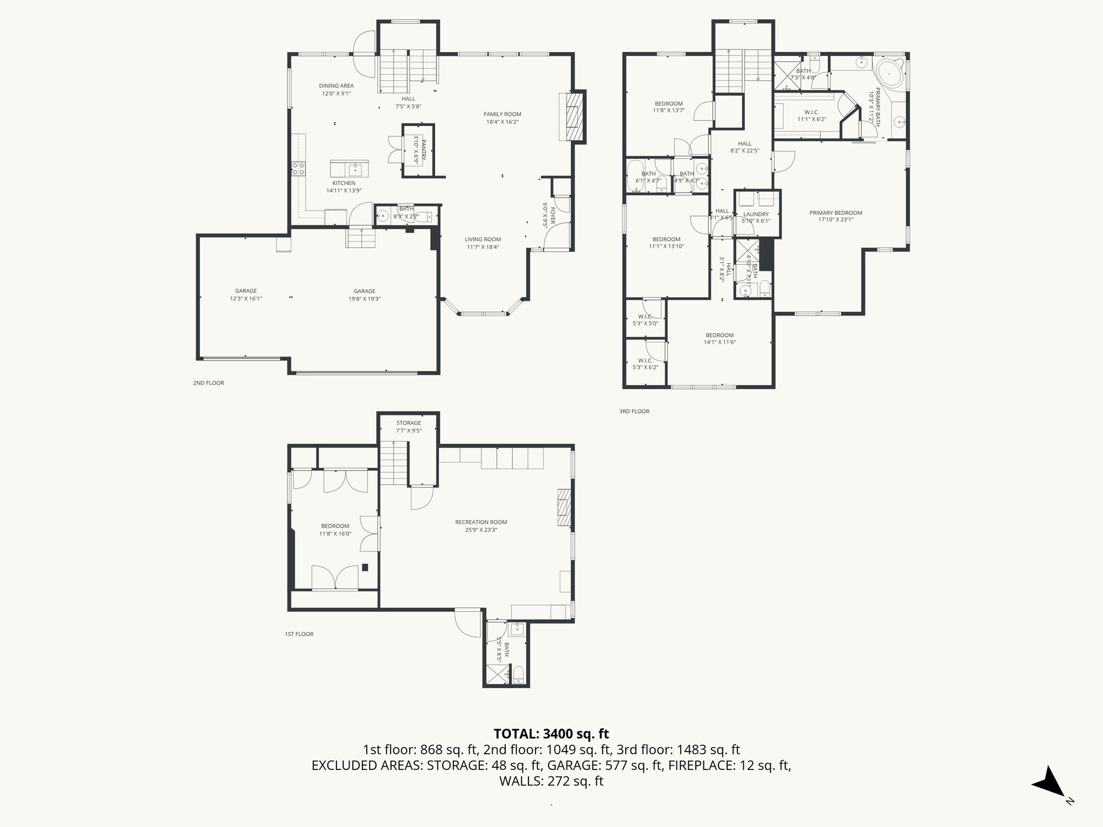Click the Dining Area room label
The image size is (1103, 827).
pos(336,86)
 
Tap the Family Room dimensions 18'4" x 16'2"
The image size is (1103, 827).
pos(502,122)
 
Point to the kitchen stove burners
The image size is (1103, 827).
pos(298,169)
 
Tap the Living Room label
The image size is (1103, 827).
pos(483,240)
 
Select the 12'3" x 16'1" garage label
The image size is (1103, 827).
pos(246,295)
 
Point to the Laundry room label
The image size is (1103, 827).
pos(756,214)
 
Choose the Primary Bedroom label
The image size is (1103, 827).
pos(835,213)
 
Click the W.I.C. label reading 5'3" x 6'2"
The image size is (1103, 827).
pos(645,363)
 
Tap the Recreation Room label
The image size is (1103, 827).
pos(481,522)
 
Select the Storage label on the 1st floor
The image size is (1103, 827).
pos(408,423)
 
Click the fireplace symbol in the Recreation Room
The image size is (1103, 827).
pos(564,507)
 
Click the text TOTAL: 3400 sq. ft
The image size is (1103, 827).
pos(551,733)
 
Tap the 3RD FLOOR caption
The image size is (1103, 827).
pos(634,411)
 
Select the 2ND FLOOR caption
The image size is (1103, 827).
pos(208,383)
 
